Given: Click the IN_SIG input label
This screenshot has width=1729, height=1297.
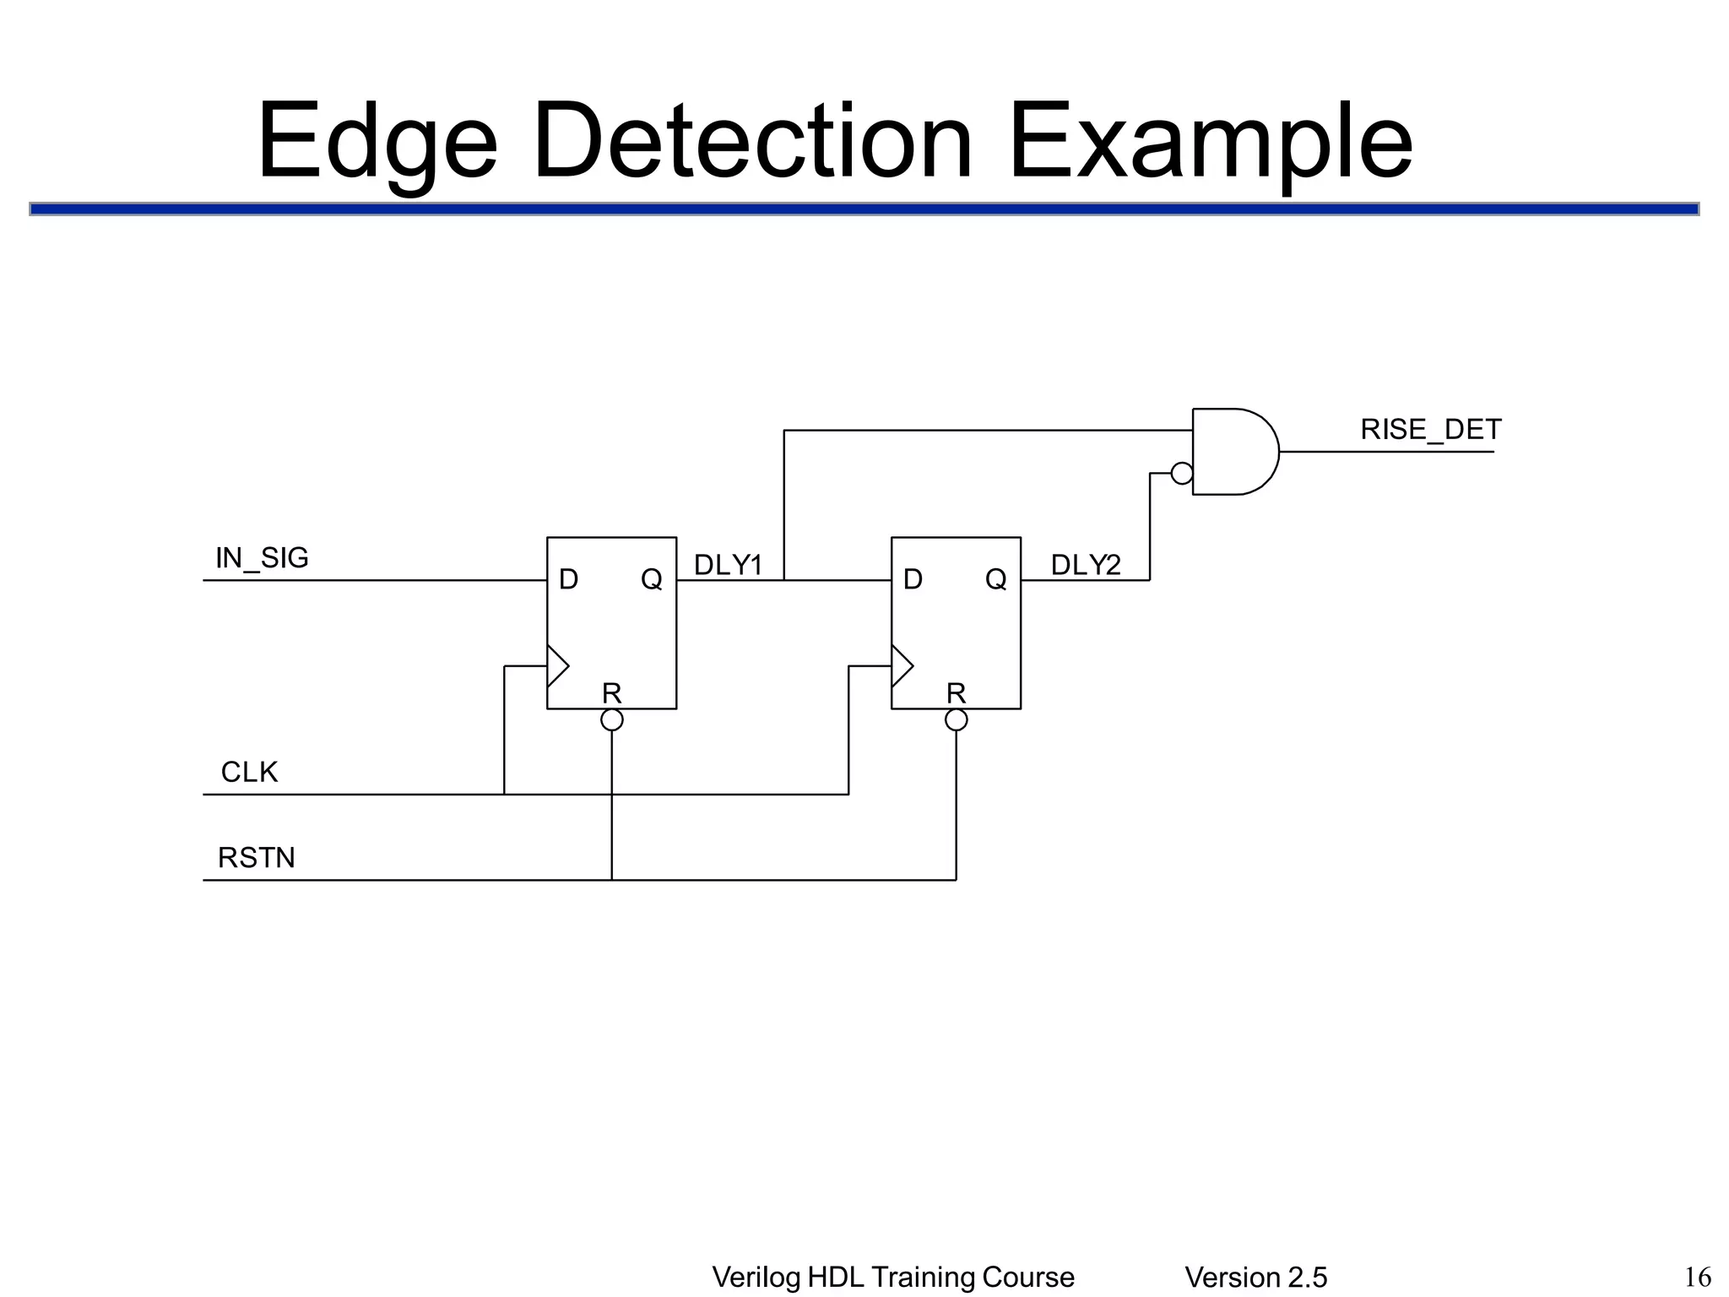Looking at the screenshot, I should pyautogui.click(x=262, y=558).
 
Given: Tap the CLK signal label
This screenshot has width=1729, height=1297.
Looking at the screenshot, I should pyautogui.click(x=249, y=773).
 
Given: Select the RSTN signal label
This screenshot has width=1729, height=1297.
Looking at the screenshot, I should pyautogui.click(x=257, y=858).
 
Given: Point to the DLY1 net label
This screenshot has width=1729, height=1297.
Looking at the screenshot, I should pyautogui.click(x=728, y=565).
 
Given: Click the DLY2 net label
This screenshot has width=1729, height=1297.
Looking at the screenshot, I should pyautogui.click(x=1086, y=565).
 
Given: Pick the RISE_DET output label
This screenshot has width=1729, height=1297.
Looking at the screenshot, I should pyautogui.click(x=1430, y=430).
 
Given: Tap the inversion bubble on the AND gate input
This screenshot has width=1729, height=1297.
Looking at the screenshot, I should pyautogui.click(x=1182, y=474).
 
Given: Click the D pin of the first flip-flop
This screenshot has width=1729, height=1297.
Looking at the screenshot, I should pyautogui.click(x=568, y=579).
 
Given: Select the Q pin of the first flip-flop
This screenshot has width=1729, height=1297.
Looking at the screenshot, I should pyautogui.click(x=651, y=579).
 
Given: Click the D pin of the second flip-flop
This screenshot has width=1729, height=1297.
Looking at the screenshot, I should pyautogui.click(x=913, y=579).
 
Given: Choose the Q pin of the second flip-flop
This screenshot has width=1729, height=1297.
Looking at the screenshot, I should pyautogui.click(x=995, y=579).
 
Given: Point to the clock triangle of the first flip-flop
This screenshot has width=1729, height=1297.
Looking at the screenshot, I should pyautogui.click(x=557, y=666).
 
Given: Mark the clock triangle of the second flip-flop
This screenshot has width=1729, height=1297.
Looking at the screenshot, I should pyautogui.click(x=902, y=666).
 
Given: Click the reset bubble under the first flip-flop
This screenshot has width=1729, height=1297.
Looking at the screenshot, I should pyautogui.click(x=612, y=720).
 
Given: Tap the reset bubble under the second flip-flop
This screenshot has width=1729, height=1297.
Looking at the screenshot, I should pyautogui.click(x=957, y=720).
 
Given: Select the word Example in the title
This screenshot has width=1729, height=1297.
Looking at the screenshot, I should pyautogui.click(x=1210, y=141).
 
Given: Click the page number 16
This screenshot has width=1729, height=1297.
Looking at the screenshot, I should pyautogui.click(x=1698, y=1277).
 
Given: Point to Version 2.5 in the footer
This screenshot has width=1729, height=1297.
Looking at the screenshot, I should pyautogui.click(x=1255, y=1278).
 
